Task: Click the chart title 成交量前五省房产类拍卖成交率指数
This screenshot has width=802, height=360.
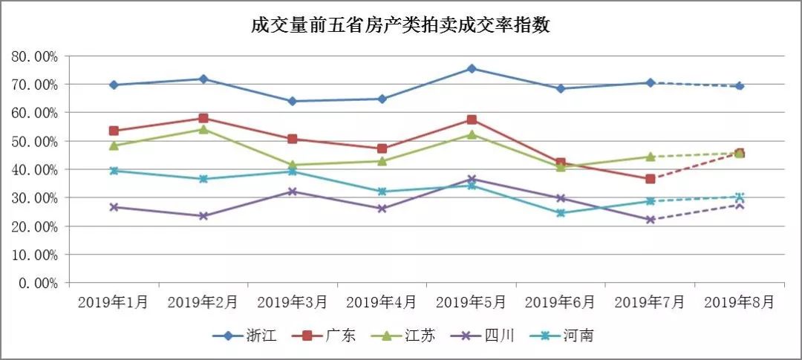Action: (x=400, y=25)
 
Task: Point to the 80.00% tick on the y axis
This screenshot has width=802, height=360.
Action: (x=35, y=56)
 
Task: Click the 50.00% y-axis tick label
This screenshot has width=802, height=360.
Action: (x=35, y=141)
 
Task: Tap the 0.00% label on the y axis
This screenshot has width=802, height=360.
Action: (x=38, y=283)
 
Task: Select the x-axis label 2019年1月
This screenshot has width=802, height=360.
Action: (x=114, y=302)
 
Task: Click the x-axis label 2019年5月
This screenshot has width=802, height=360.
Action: (x=471, y=302)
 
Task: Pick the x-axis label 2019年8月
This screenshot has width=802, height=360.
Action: (x=739, y=302)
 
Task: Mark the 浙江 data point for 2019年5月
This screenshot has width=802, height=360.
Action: (x=472, y=68)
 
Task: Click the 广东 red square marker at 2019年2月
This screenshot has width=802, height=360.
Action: (x=203, y=118)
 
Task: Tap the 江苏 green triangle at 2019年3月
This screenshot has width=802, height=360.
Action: (x=293, y=165)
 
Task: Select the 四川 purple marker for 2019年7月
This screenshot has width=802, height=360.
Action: (x=650, y=220)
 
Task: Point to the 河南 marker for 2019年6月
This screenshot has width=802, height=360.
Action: (x=561, y=213)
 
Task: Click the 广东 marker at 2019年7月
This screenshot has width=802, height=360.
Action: (x=650, y=179)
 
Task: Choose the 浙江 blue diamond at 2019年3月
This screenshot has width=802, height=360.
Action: (x=293, y=101)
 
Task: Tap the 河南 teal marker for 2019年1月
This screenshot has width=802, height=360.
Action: (x=114, y=171)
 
